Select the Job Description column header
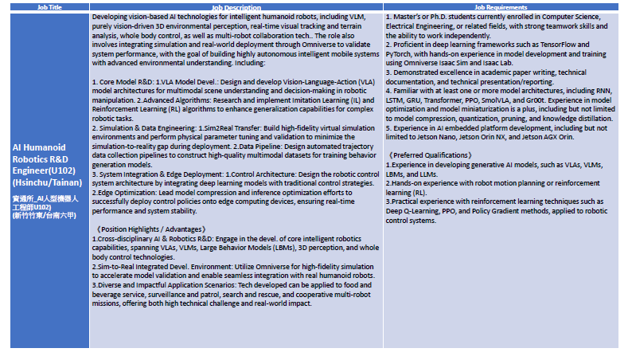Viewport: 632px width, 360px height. (236, 6)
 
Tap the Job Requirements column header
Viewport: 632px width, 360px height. (501, 6)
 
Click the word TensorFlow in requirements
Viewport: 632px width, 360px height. (559, 45)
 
